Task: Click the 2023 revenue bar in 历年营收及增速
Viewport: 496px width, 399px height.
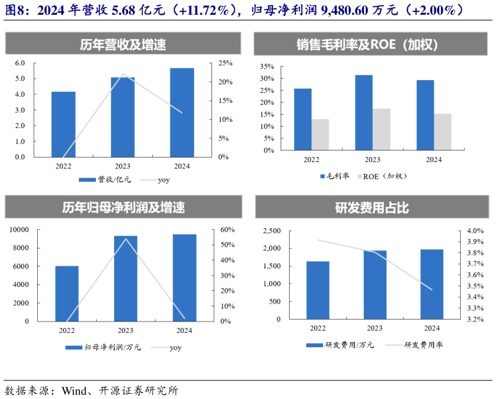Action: [x=122, y=117]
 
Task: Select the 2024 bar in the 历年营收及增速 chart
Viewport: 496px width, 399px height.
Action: [x=182, y=112]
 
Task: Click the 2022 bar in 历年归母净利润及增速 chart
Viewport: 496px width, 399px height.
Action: [x=67, y=293]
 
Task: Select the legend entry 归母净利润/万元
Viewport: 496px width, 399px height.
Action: [x=105, y=348]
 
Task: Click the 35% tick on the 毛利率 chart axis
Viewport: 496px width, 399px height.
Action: [x=266, y=66]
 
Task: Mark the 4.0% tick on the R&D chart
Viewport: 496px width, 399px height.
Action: [x=474, y=231]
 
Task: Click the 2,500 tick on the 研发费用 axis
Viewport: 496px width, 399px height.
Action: [x=272, y=231]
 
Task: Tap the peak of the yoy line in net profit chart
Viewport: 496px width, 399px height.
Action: [x=126, y=239]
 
